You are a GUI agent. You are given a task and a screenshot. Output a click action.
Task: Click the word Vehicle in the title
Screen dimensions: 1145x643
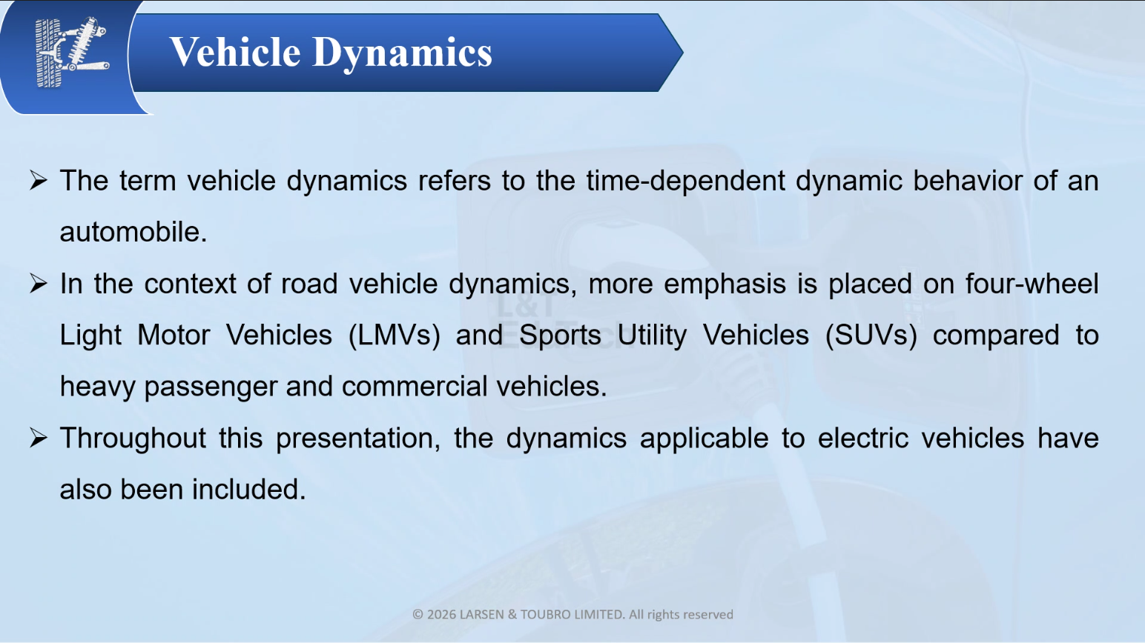tap(235, 52)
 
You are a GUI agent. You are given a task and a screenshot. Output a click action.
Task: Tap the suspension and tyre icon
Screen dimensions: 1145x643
tap(71, 52)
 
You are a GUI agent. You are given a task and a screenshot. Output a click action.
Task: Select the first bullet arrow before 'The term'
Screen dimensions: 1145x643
tap(39, 180)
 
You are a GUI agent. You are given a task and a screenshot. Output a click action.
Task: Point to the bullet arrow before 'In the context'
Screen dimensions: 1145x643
tap(39, 284)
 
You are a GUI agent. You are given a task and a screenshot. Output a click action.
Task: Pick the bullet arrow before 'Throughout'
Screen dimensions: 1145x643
tap(39, 438)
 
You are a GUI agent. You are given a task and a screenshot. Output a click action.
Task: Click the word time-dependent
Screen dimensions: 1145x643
tap(685, 181)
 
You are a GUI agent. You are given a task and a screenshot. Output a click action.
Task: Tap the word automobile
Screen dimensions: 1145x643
tap(133, 232)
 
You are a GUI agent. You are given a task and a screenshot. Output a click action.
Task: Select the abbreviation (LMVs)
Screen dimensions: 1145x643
tap(394, 336)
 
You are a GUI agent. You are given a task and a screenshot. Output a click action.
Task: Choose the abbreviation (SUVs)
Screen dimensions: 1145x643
tap(871, 336)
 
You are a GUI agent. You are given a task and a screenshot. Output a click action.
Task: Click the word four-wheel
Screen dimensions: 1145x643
tap(1032, 284)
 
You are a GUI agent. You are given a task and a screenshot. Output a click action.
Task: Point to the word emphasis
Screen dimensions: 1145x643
tap(725, 284)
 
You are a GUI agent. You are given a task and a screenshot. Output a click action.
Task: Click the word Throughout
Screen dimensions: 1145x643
tap(133, 439)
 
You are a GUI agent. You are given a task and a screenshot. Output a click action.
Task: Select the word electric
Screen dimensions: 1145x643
tap(863, 438)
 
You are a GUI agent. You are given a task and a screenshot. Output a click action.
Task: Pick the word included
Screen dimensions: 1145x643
tap(249, 489)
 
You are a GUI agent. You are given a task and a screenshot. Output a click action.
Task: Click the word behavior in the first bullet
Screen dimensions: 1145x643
tap(968, 180)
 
